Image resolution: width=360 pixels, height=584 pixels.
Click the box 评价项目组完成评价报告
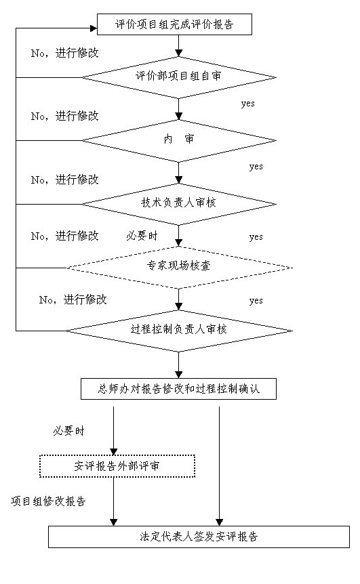click(174, 24)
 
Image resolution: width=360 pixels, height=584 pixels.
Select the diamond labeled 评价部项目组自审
click(179, 77)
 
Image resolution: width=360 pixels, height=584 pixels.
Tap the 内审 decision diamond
click(179, 141)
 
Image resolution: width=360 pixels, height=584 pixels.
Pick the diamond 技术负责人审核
click(179, 204)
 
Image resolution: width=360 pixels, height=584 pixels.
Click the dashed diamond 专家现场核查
click(179, 268)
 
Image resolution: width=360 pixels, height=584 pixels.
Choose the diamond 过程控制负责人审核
click(179, 331)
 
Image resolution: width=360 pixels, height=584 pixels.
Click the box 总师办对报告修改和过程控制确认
click(178, 389)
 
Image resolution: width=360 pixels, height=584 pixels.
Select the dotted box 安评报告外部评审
click(117, 466)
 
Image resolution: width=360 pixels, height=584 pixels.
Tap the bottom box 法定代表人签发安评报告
click(199, 537)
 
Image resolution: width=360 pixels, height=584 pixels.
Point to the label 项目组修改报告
click(48, 501)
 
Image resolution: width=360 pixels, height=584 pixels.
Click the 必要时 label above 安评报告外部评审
click(69, 431)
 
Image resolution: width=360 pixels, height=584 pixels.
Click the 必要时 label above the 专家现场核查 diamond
click(142, 236)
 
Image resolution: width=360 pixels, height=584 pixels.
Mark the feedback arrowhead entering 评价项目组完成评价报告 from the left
click(94, 28)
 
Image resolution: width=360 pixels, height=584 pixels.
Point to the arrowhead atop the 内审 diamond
click(179, 117)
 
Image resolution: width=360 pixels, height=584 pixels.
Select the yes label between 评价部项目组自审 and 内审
click(248, 104)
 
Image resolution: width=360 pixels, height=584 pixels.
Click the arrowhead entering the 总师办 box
click(179, 375)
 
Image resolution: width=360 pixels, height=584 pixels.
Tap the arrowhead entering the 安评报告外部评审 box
click(114, 451)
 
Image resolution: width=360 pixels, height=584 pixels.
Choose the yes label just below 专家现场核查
click(256, 301)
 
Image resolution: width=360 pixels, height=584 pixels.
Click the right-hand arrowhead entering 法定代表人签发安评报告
click(220, 522)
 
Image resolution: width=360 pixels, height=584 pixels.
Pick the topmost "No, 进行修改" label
click(65, 54)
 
